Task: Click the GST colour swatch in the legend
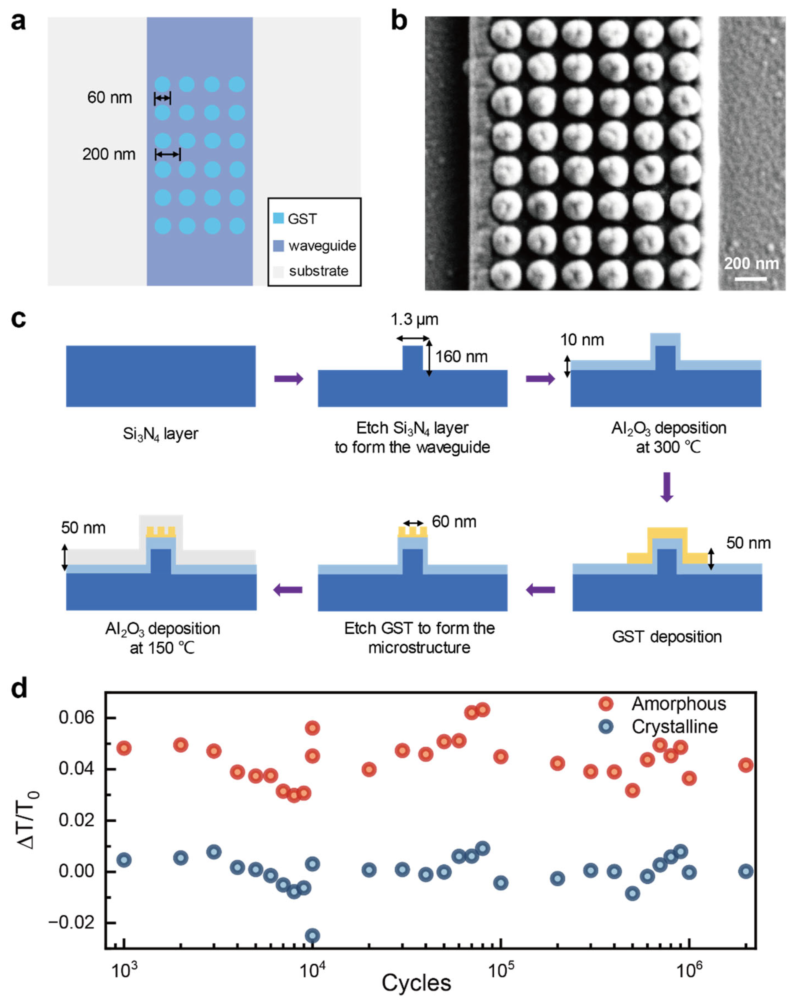(x=278, y=218)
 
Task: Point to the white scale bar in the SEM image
(x=751, y=278)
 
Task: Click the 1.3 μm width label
(x=414, y=319)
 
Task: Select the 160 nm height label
(x=461, y=357)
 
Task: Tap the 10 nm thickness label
(x=582, y=340)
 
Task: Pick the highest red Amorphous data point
(x=483, y=710)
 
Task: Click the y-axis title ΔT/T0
(x=29, y=820)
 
